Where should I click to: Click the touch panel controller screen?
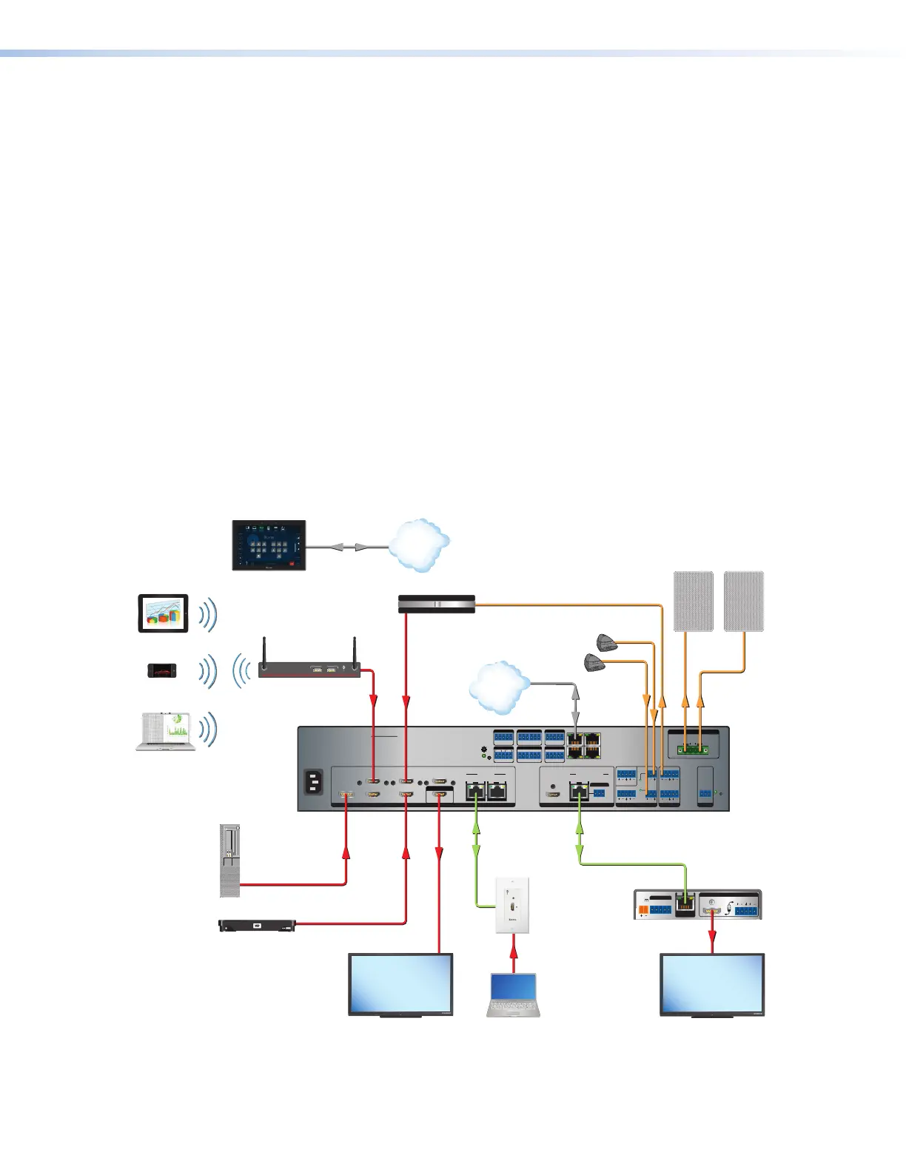coord(269,545)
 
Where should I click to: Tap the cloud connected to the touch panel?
coord(419,545)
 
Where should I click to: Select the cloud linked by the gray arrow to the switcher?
coord(500,687)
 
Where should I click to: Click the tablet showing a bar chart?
coord(164,613)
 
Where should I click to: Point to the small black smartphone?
coord(162,670)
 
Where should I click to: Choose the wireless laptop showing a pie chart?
coord(166,731)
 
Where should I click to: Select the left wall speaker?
coord(694,601)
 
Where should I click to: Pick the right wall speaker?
coord(743,601)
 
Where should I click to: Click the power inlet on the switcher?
coord(315,782)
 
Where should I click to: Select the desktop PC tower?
coord(230,860)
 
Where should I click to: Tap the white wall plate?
coord(513,905)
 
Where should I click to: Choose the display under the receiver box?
coord(712,985)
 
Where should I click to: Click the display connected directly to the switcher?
coord(400,985)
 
